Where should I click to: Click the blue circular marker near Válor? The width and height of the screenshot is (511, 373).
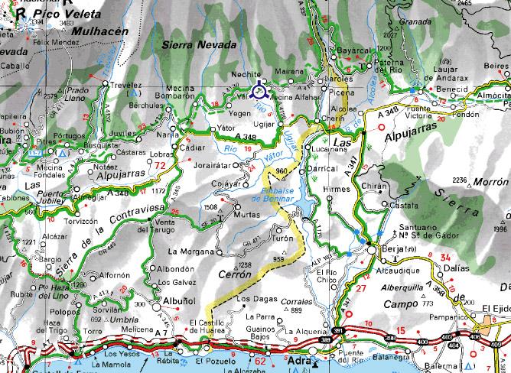[x=260, y=92]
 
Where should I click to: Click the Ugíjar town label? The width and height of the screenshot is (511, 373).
[x=263, y=122]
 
